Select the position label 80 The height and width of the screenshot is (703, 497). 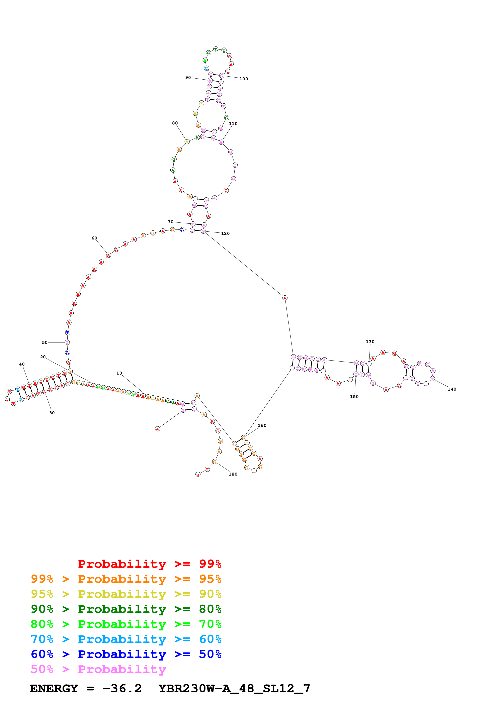(x=175, y=123)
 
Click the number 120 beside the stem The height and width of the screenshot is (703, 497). (x=225, y=233)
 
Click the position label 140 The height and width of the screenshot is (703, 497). (x=452, y=389)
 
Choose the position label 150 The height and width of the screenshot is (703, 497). (x=354, y=397)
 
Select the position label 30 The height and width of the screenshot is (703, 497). (x=52, y=413)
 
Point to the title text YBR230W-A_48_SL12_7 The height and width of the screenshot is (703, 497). (x=234, y=688)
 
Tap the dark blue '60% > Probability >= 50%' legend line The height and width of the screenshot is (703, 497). (x=126, y=654)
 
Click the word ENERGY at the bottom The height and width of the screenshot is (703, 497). (x=54, y=688)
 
